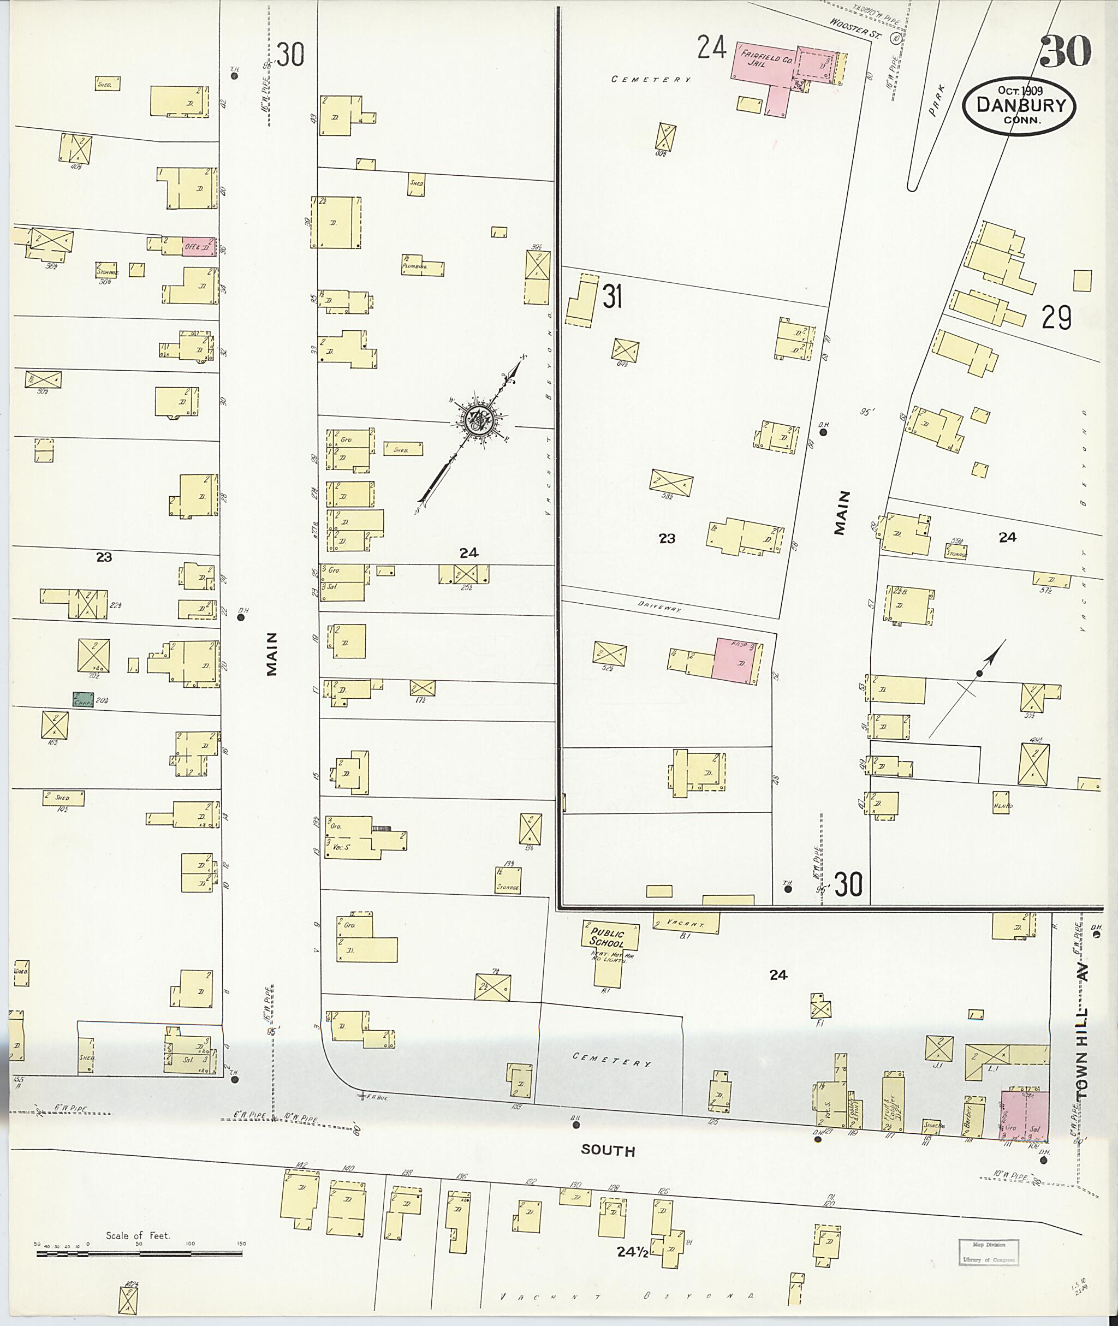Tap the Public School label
(x=606, y=937)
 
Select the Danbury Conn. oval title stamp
(x=1018, y=106)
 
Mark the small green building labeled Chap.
(x=83, y=700)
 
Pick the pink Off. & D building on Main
(x=198, y=247)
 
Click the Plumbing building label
(x=414, y=267)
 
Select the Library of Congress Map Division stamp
(x=988, y=1252)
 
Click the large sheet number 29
(x=1056, y=318)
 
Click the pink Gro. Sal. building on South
(x=1024, y=1116)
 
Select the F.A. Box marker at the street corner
(x=374, y=1096)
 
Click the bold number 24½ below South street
(x=633, y=1252)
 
